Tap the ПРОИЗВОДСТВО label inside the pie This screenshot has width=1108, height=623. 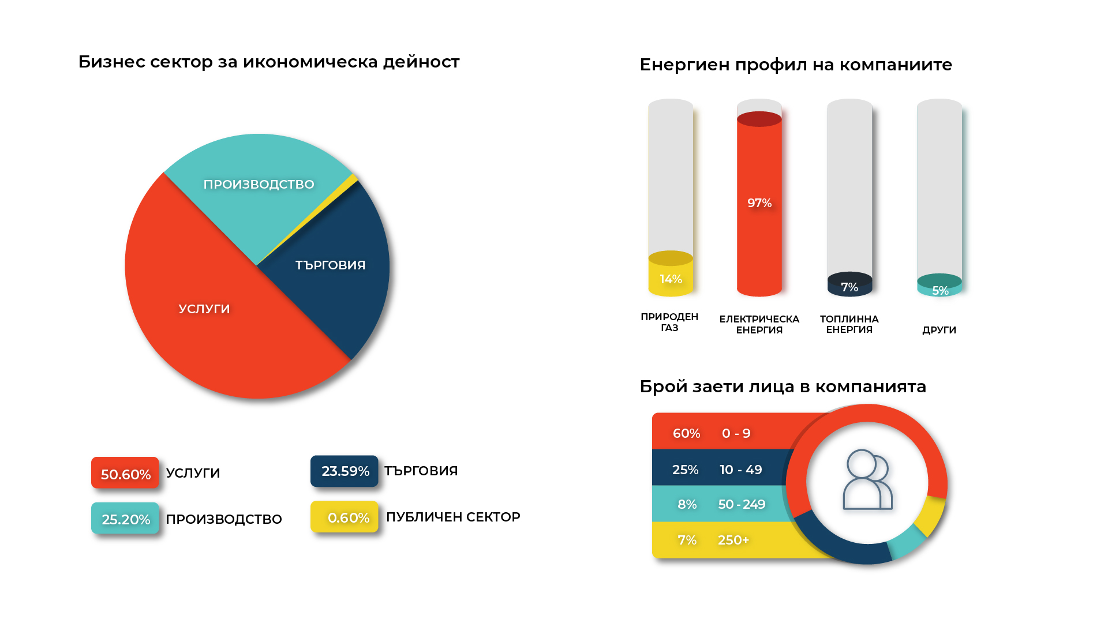tap(259, 185)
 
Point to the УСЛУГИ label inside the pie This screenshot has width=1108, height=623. tap(204, 309)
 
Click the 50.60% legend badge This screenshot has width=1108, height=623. tap(125, 474)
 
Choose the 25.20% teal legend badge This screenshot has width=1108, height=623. tap(125, 519)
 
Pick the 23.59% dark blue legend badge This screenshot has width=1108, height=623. tap(345, 471)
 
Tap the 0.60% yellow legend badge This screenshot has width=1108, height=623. tap(345, 517)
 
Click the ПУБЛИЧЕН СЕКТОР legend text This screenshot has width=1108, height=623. tap(453, 517)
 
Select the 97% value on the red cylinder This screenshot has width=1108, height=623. tap(759, 203)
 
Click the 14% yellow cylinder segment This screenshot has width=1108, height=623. tap(671, 280)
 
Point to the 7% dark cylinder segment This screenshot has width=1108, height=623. tap(849, 287)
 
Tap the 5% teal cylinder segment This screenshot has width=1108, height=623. tap(940, 290)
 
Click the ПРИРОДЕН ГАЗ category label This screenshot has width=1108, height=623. tap(669, 322)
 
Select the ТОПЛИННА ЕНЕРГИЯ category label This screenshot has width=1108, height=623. tap(849, 324)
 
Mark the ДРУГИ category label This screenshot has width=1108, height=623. tap(939, 330)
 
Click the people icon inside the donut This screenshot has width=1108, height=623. tap(867, 480)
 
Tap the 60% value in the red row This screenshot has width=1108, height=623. tap(686, 434)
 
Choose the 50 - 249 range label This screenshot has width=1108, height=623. tap(742, 504)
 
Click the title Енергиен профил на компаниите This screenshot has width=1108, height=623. tap(796, 65)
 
